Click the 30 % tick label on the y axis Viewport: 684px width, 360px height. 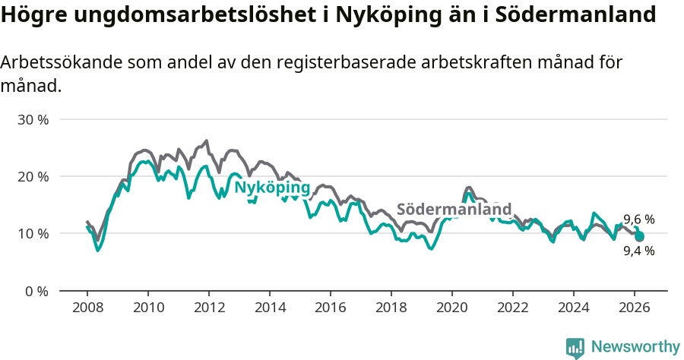click(x=33, y=120)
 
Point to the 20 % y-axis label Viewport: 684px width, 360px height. click(x=33, y=177)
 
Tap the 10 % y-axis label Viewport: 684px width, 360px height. click(x=33, y=234)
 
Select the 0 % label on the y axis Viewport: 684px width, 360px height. click(x=36, y=291)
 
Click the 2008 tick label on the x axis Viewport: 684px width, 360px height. click(x=87, y=308)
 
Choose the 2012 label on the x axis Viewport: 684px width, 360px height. click(x=209, y=308)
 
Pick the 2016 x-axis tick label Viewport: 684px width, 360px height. click(x=331, y=308)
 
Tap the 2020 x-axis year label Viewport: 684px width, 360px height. click(x=452, y=308)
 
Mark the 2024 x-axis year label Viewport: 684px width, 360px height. click(x=574, y=308)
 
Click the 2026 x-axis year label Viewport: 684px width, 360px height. click(x=635, y=308)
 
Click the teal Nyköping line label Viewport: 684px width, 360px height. click(x=271, y=188)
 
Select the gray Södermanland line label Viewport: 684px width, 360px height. click(x=454, y=210)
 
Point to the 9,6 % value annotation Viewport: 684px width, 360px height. click(x=638, y=220)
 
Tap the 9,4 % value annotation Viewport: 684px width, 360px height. click(x=638, y=251)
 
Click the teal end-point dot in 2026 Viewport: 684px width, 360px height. click(x=639, y=237)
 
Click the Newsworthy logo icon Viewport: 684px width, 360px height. click(x=575, y=347)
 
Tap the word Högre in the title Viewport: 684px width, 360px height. click(x=31, y=15)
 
